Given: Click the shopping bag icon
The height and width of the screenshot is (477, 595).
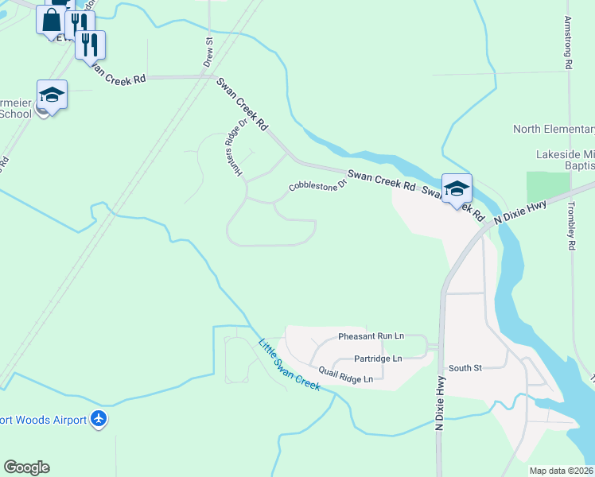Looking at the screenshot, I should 51,18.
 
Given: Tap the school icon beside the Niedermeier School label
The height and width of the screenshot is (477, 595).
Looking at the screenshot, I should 52,95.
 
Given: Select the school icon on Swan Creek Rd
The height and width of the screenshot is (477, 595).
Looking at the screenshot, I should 457,188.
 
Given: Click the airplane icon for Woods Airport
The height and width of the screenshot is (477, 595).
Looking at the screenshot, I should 99,418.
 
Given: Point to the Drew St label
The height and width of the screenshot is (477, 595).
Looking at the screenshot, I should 208,51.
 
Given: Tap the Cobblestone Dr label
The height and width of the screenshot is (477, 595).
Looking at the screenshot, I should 317,184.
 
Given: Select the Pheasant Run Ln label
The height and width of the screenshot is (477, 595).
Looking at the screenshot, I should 371,337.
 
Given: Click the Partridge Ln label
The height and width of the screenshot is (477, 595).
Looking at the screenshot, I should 378,359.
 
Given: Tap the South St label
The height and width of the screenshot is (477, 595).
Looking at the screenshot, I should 465,368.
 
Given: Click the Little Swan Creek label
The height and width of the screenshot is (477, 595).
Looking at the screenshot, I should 289,364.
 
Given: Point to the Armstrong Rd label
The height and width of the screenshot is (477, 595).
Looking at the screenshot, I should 569,45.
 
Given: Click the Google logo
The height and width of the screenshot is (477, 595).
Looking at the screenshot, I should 26,467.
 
